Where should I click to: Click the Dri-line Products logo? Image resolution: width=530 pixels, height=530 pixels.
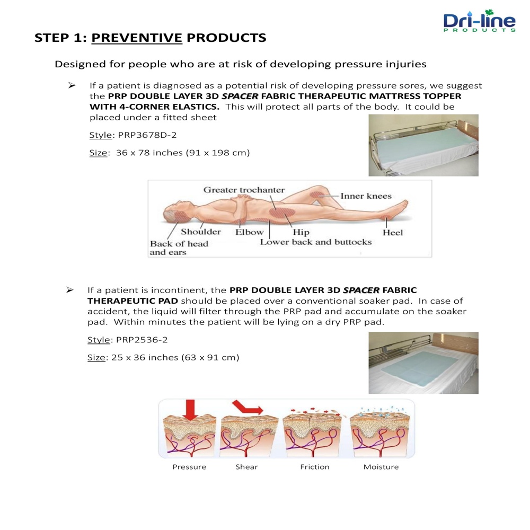click(479, 21)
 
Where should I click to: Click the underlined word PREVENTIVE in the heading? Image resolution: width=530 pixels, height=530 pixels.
click(137, 38)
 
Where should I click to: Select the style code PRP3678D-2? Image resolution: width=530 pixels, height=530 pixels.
click(147, 135)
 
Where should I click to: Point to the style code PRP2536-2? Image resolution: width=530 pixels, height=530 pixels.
click(142, 340)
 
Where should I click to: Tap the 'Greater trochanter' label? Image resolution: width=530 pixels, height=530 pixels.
click(244, 190)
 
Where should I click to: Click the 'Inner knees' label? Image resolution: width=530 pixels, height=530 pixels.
click(366, 196)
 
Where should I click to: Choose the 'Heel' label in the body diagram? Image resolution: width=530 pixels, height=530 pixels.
click(393, 233)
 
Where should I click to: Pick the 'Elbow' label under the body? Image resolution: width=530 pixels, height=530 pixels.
click(250, 232)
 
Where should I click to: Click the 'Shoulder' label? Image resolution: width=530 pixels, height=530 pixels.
click(201, 232)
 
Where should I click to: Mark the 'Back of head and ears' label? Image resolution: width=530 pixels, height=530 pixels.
click(179, 248)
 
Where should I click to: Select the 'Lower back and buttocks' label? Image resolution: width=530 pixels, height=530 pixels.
click(316, 242)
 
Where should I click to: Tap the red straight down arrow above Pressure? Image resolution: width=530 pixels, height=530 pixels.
click(190, 410)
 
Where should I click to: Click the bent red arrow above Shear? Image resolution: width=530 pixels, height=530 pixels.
click(246, 407)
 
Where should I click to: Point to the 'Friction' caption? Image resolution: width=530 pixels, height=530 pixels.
click(315, 467)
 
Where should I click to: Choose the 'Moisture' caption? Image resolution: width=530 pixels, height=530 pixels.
click(381, 467)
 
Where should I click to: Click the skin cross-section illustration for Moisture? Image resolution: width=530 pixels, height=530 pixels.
click(380, 432)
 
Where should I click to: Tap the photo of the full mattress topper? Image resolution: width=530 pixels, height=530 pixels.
click(423, 145)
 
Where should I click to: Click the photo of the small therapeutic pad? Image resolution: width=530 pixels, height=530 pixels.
click(423, 363)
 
